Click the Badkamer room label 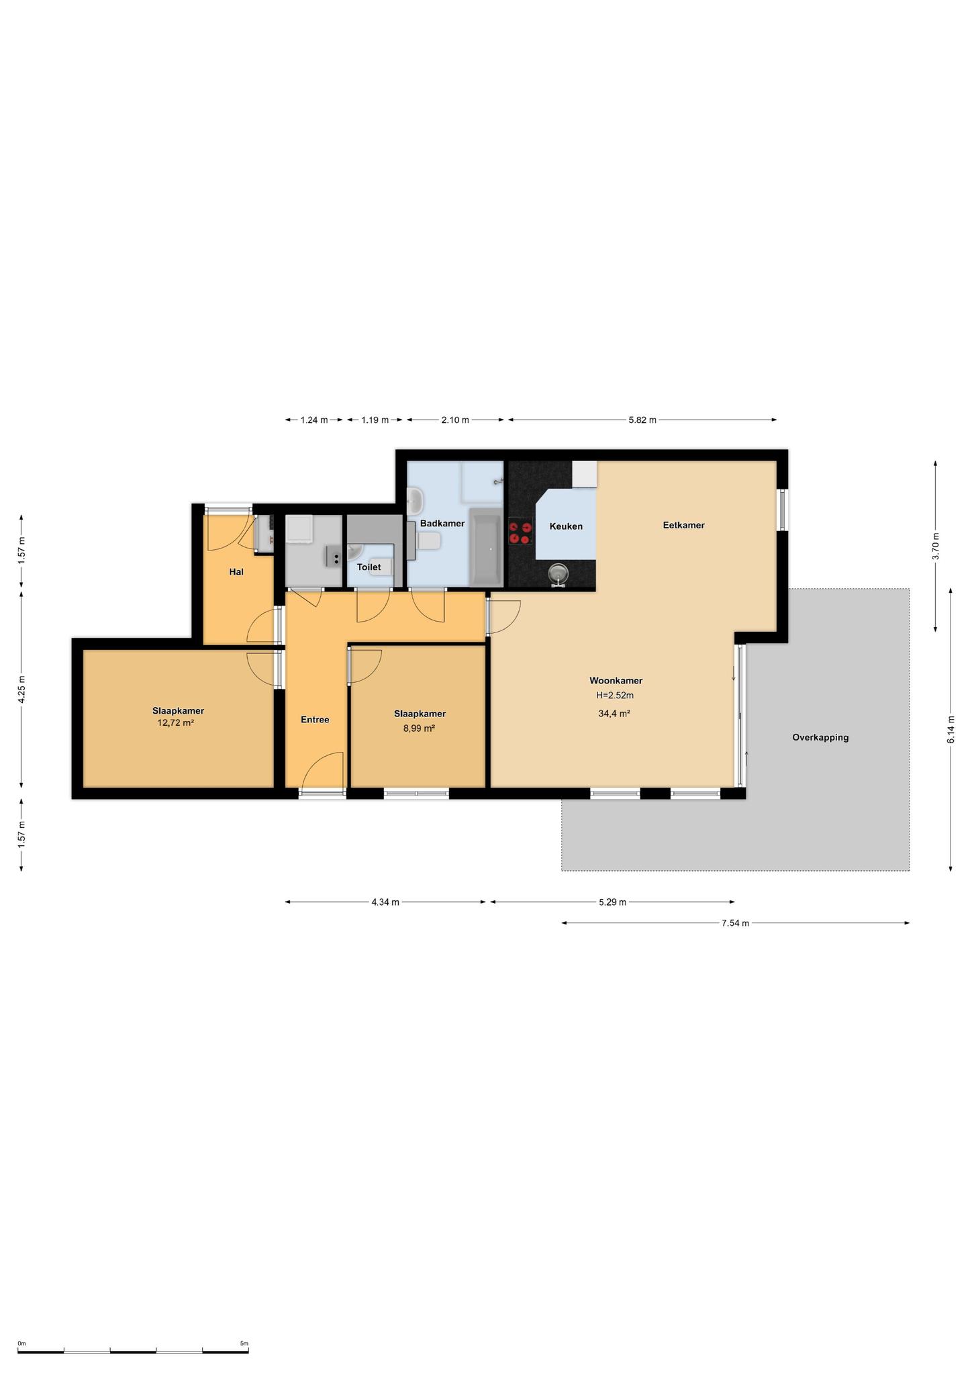click(x=442, y=523)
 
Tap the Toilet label click(x=369, y=567)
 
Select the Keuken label click(x=566, y=526)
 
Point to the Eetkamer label click(x=683, y=525)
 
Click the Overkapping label click(x=820, y=737)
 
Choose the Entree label click(x=315, y=720)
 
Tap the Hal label click(x=236, y=572)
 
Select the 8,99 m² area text click(x=419, y=728)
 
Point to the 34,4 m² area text click(x=614, y=714)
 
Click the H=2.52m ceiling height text click(x=615, y=696)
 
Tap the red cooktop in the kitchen click(x=520, y=532)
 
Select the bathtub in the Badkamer click(x=485, y=547)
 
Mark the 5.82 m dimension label click(x=642, y=420)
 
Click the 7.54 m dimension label click(x=735, y=923)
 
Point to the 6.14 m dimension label click(x=950, y=729)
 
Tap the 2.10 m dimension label click(x=455, y=420)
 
